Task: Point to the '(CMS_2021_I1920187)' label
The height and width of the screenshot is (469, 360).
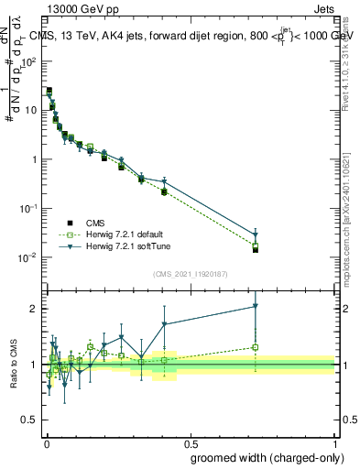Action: [x=190, y=273]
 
